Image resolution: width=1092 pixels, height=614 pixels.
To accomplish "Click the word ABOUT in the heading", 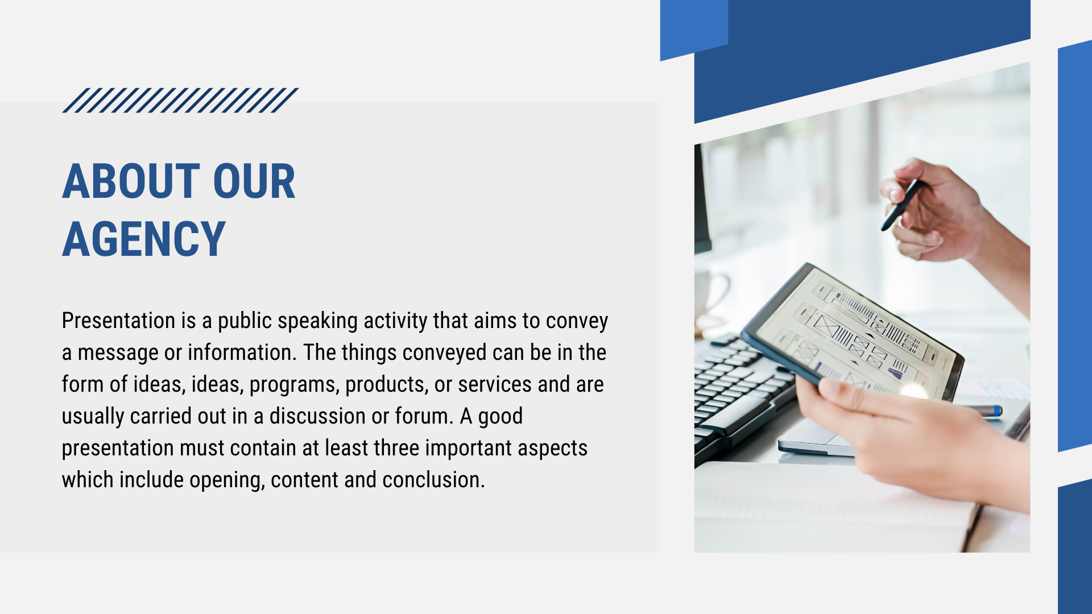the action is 131,181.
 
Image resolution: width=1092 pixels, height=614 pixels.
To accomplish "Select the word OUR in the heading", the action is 254,181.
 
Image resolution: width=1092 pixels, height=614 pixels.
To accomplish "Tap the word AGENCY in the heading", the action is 144,239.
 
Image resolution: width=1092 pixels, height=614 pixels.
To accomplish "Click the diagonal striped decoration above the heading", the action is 180,100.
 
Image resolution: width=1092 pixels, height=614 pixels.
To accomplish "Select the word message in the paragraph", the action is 118,353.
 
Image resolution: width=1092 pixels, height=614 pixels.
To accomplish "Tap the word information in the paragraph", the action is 242,352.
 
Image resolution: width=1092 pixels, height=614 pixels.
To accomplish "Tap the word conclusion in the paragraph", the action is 433,480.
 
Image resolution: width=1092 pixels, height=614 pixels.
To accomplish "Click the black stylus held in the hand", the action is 901,205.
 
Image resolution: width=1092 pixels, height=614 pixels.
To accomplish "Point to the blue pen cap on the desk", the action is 992,410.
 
